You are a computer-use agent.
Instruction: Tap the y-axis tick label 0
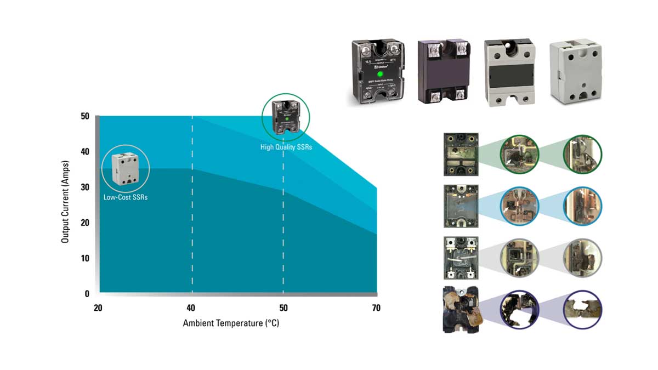click(x=87, y=294)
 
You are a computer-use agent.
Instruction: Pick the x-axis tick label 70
click(x=376, y=309)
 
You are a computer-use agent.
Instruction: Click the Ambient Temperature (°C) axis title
click(x=231, y=323)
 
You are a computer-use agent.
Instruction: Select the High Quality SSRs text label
click(x=286, y=147)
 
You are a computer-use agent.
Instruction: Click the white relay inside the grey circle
click(x=125, y=169)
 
